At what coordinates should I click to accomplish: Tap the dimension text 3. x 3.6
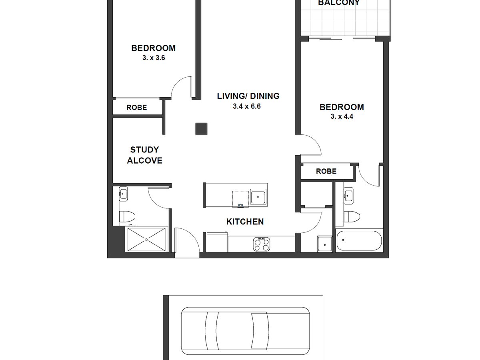point(154,58)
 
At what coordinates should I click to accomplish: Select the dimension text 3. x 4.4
point(342,117)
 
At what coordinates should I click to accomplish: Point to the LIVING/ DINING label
point(248,96)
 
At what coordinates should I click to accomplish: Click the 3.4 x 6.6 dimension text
point(247,106)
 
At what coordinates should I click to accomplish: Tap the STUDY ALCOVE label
point(144,155)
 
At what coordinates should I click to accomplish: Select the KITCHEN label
point(245,222)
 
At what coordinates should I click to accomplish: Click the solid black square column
point(201,128)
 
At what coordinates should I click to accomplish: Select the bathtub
point(359,241)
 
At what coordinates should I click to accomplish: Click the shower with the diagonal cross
point(146,240)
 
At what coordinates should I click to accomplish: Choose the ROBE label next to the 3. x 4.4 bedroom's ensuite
point(326,171)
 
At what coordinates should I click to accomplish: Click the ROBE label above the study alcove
point(137,108)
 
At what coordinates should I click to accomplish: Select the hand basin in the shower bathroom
point(123,194)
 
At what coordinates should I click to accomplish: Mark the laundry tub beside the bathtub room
point(324,243)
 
